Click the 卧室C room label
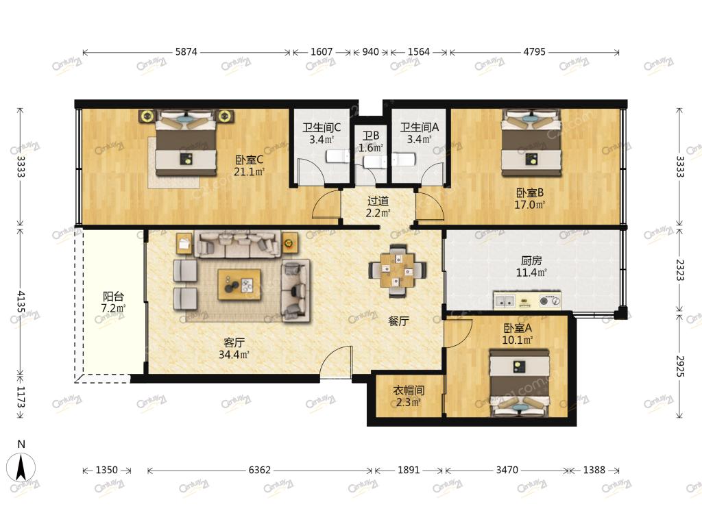coord(249,160)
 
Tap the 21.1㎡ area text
coord(249,172)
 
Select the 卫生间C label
coord(322,127)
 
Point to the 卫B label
coord(371,136)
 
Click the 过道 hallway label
coord(378,201)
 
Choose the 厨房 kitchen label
coord(531,260)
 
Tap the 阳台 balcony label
coord(113,296)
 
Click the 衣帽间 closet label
coord(409,390)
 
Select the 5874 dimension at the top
coord(186,52)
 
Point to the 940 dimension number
coord(370,52)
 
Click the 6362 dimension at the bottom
coord(260,470)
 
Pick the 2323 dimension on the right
coord(679,270)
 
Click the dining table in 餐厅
coord(397,271)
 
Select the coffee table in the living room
coord(239,284)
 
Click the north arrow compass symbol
coord(20,467)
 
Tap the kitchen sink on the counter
coord(505,301)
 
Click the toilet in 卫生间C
coord(337,156)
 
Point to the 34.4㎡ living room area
coord(234,355)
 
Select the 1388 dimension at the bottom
coord(594,470)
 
